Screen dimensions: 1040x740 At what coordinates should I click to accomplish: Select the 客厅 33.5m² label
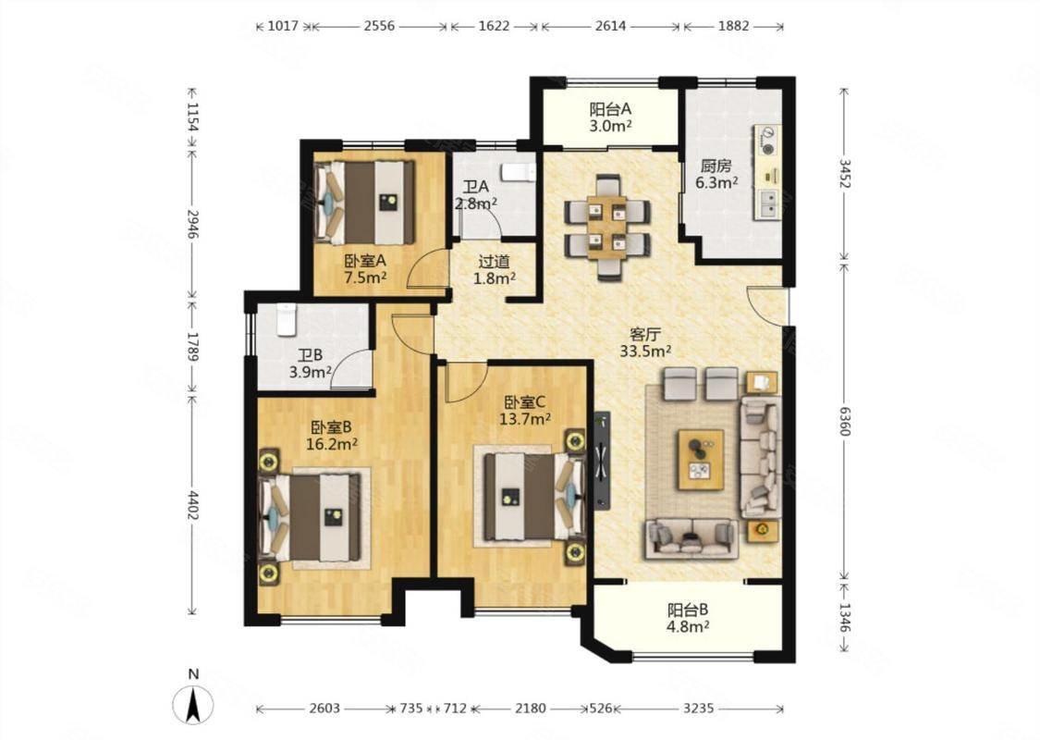(645, 342)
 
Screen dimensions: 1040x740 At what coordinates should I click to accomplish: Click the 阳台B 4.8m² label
(689, 617)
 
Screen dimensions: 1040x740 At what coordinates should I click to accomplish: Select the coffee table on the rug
(701, 460)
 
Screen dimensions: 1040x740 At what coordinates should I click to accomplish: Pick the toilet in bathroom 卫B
(286, 318)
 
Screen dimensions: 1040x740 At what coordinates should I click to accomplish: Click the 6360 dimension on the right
(844, 422)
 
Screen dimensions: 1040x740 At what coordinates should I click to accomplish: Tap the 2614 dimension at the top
(610, 26)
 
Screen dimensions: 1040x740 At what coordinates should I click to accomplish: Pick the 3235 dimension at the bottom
(699, 709)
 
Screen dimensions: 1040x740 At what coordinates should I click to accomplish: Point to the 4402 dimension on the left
(193, 506)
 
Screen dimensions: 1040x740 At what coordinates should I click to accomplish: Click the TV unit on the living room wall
(602, 461)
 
